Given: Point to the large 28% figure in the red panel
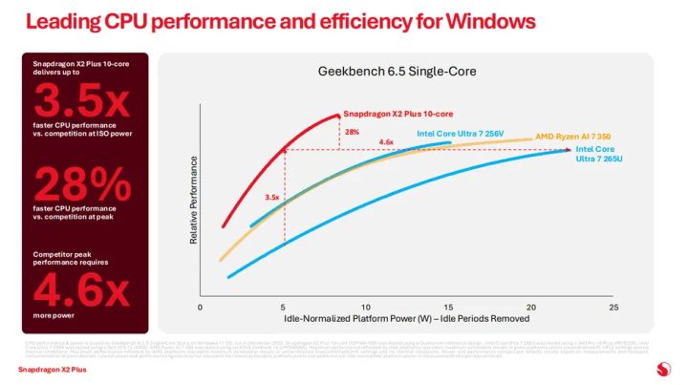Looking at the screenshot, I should [x=78, y=182].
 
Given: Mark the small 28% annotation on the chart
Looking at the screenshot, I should [x=352, y=132].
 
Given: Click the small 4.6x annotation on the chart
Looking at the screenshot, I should [x=386, y=142].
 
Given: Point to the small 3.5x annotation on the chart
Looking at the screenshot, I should [x=271, y=198].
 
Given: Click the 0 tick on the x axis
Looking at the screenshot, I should [x=200, y=308].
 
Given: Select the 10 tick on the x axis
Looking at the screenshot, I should [x=366, y=308].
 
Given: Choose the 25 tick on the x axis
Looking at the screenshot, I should [x=613, y=308].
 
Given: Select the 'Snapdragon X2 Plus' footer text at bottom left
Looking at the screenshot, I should [x=47, y=367].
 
